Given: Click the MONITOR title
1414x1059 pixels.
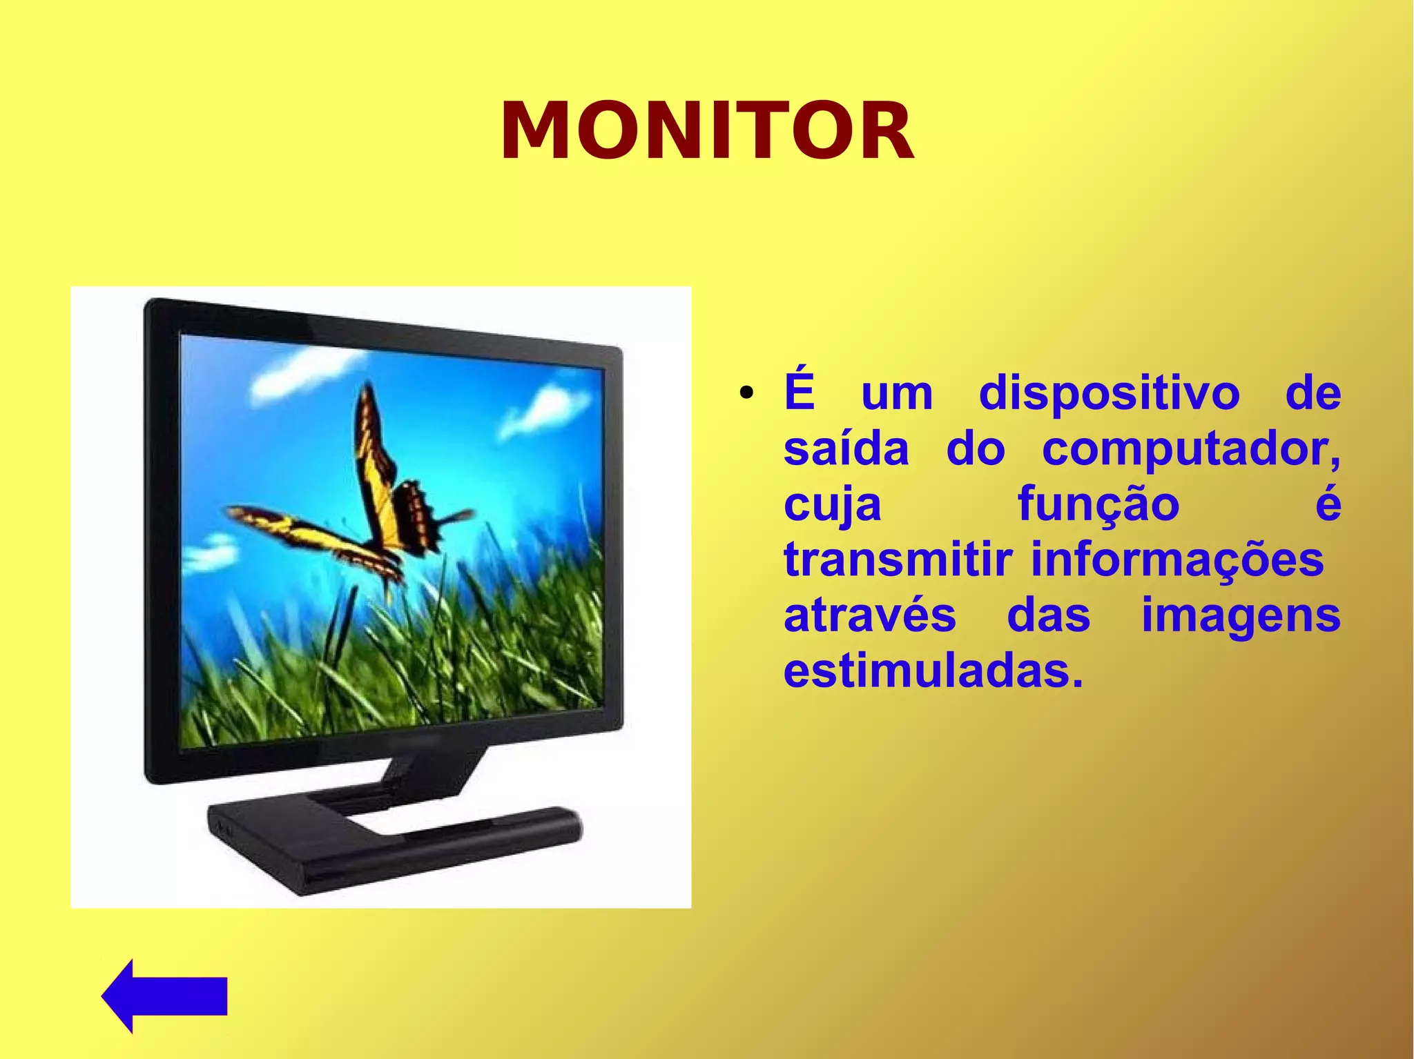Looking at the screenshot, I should [707, 131].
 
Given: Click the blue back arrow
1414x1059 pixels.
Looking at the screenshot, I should [164, 996].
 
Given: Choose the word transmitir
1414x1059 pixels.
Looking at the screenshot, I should [898, 560].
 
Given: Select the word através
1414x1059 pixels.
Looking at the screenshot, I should [870, 615].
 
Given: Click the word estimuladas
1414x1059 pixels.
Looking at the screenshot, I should [933, 671].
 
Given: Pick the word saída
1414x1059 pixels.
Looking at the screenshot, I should [846, 450].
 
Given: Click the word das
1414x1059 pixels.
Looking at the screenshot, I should [1048, 615].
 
